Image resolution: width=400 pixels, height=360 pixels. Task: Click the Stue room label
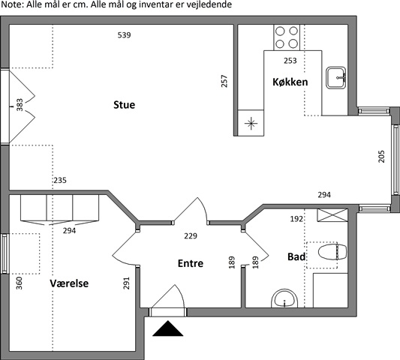pyautogui.click(x=125, y=105)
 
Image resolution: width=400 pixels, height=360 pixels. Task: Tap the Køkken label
pyautogui.click(x=290, y=82)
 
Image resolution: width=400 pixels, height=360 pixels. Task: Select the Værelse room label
pyautogui.click(x=69, y=283)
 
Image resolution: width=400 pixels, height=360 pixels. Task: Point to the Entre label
pyautogui.click(x=191, y=263)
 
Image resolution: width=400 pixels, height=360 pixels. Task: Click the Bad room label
pyautogui.click(x=296, y=256)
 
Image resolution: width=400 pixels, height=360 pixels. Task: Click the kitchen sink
pyautogui.click(x=336, y=78)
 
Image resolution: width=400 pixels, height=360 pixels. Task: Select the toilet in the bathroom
pyautogui.click(x=332, y=252)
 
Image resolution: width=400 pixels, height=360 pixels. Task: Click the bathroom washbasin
pyautogui.click(x=284, y=298)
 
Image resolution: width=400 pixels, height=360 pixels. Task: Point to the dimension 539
pyautogui.click(x=125, y=35)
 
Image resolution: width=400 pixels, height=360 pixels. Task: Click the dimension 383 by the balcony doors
pyautogui.click(x=20, y=105)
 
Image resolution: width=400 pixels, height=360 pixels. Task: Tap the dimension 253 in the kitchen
pyautogui.click(x=290, y=61)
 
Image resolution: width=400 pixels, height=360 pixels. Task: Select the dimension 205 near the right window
pyautogui.click(x=381, y=156)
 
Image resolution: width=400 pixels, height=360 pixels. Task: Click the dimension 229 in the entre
pyautogui.click(x=191, y=235)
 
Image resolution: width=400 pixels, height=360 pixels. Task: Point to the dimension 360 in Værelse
pyautogui.click(x=19, y=283)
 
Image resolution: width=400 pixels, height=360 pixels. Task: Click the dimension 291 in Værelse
pyautogui.click(x=127, y=283)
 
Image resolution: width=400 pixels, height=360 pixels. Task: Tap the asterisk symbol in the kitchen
pyautogui.click(x=251, y=124)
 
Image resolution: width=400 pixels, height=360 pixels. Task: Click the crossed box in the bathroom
pyautogui.click(x=332, y=215)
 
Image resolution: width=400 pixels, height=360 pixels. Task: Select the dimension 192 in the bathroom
pyautogui.click(x=296, y=219)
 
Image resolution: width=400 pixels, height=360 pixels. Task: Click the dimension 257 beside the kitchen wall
pyautogui.click(x=224, y=81)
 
